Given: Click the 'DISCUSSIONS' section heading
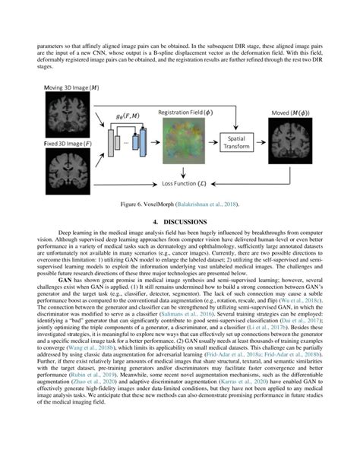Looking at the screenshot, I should click(x=185, y=222).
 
